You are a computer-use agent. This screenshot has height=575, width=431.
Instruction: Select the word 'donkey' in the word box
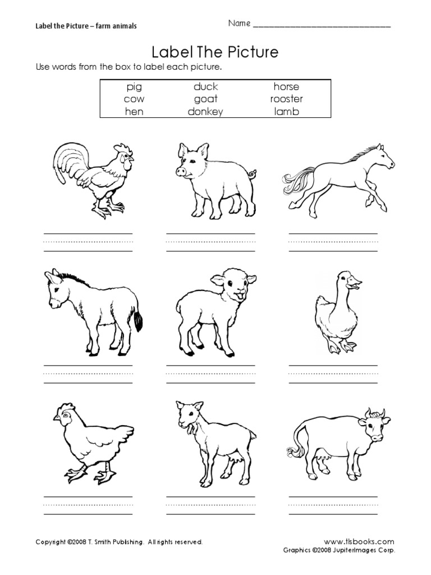pos(205,111)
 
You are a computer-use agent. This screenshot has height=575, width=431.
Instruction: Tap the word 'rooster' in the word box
pos(286,99)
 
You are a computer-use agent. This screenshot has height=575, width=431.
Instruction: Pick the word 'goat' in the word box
pos(205,99)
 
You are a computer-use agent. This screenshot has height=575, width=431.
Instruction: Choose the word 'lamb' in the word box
pos(286,111)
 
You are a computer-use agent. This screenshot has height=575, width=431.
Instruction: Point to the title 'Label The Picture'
pos(215,52)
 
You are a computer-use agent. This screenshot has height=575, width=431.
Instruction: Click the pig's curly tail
pos(252,174)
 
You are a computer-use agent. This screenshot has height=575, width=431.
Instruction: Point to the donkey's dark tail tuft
pos(136,321)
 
